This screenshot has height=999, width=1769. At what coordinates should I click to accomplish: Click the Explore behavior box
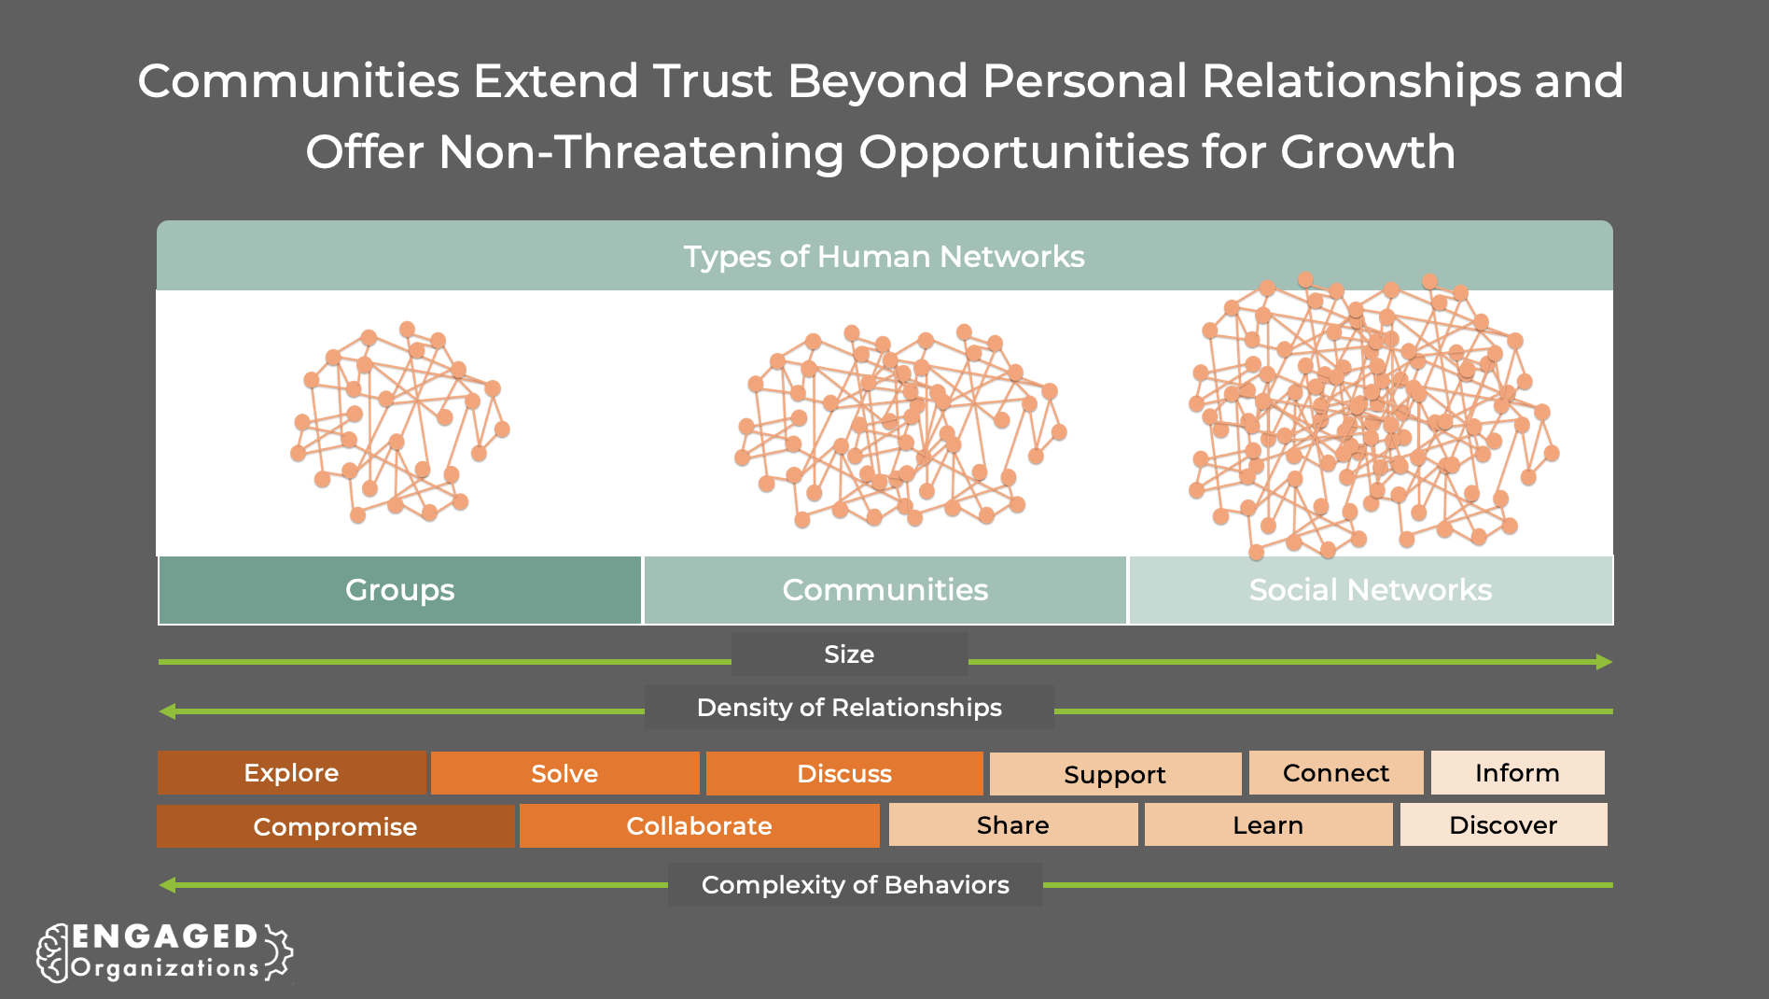pyautogui.click(x=291, y=773)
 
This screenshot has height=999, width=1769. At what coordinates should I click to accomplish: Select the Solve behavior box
pyautogui.click(x=564, y=774)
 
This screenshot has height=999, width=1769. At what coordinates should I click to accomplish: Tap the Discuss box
pyautogui.click(x=844, y=774)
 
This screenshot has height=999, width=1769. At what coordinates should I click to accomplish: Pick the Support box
pyautogui.click(x=1115, y=775)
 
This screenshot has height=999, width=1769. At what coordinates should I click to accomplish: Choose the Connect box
pyautogui.click(x=1336, y=773)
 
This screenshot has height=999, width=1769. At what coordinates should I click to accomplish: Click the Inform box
pyautogui.click(x=1517, y=773)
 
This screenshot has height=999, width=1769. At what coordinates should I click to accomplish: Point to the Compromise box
pyautogui.click(x=335, y=826)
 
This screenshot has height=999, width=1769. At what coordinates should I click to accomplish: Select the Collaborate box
pyautogui.click(x=699, y=826)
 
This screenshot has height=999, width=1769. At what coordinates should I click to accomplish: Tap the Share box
pyautogui.click(x=1013, y=825)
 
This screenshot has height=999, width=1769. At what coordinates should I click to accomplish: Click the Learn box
pyautogui.click(x=1268, y=825)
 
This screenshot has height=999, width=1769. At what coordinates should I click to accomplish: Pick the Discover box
pyautogui.click(x=1503, y=825)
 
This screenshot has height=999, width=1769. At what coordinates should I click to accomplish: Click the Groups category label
pyautogui.click(x=400, y=590)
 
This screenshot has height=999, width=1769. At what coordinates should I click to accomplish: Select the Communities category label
pyautogui.click(x=884, y=590)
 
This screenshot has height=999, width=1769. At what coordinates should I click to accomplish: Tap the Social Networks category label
pyautogui.click(x=1371, y=590)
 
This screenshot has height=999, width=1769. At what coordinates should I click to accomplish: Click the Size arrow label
pyautogui.click(x=849, y=654)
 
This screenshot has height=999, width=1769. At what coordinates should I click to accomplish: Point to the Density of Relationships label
pyautogui.click(x=849, y=708)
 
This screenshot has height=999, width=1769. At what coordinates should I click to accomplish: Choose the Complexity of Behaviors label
pyautogui.click(x=855, y=885)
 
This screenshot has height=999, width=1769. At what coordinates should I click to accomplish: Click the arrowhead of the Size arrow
pyautogui.click(x=1604, y=662)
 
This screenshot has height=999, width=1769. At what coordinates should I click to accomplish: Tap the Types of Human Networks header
pyautogui.click(x=884, y=257)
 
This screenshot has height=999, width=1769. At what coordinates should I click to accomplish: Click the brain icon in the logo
pyautogui.click(x=52, y=953)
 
